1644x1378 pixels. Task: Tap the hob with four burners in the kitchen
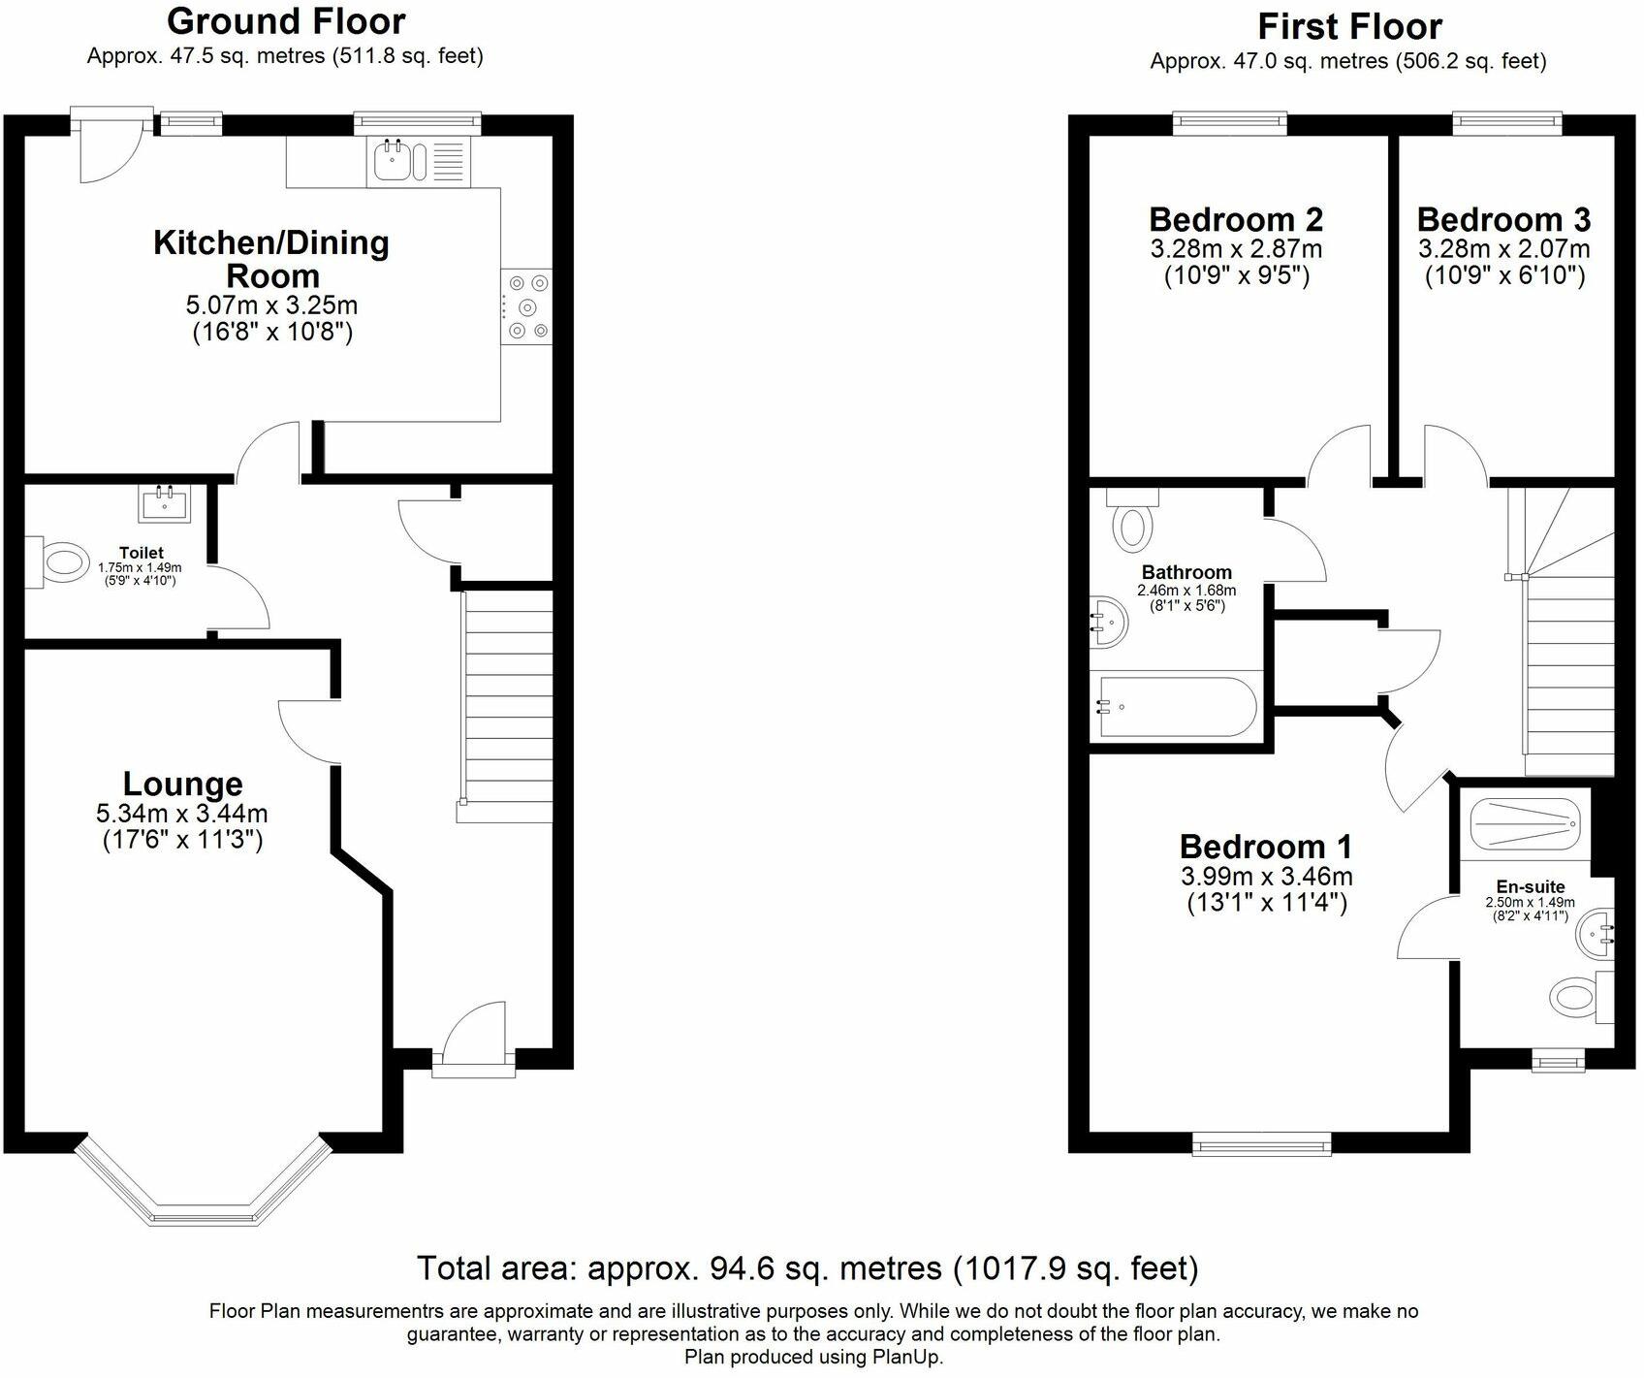[526, 306]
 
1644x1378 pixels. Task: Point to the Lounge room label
[182, 784]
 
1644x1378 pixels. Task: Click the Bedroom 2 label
[1236, 219]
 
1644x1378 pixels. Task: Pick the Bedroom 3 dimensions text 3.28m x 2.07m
[1504, 249]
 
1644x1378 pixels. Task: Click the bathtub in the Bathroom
[1175, 708]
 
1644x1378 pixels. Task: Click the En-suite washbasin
[1595, 933]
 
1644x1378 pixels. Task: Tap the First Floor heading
[1349, 25]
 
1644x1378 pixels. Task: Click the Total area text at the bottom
[807, 1267]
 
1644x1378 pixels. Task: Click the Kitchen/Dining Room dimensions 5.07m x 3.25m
[272, 305]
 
